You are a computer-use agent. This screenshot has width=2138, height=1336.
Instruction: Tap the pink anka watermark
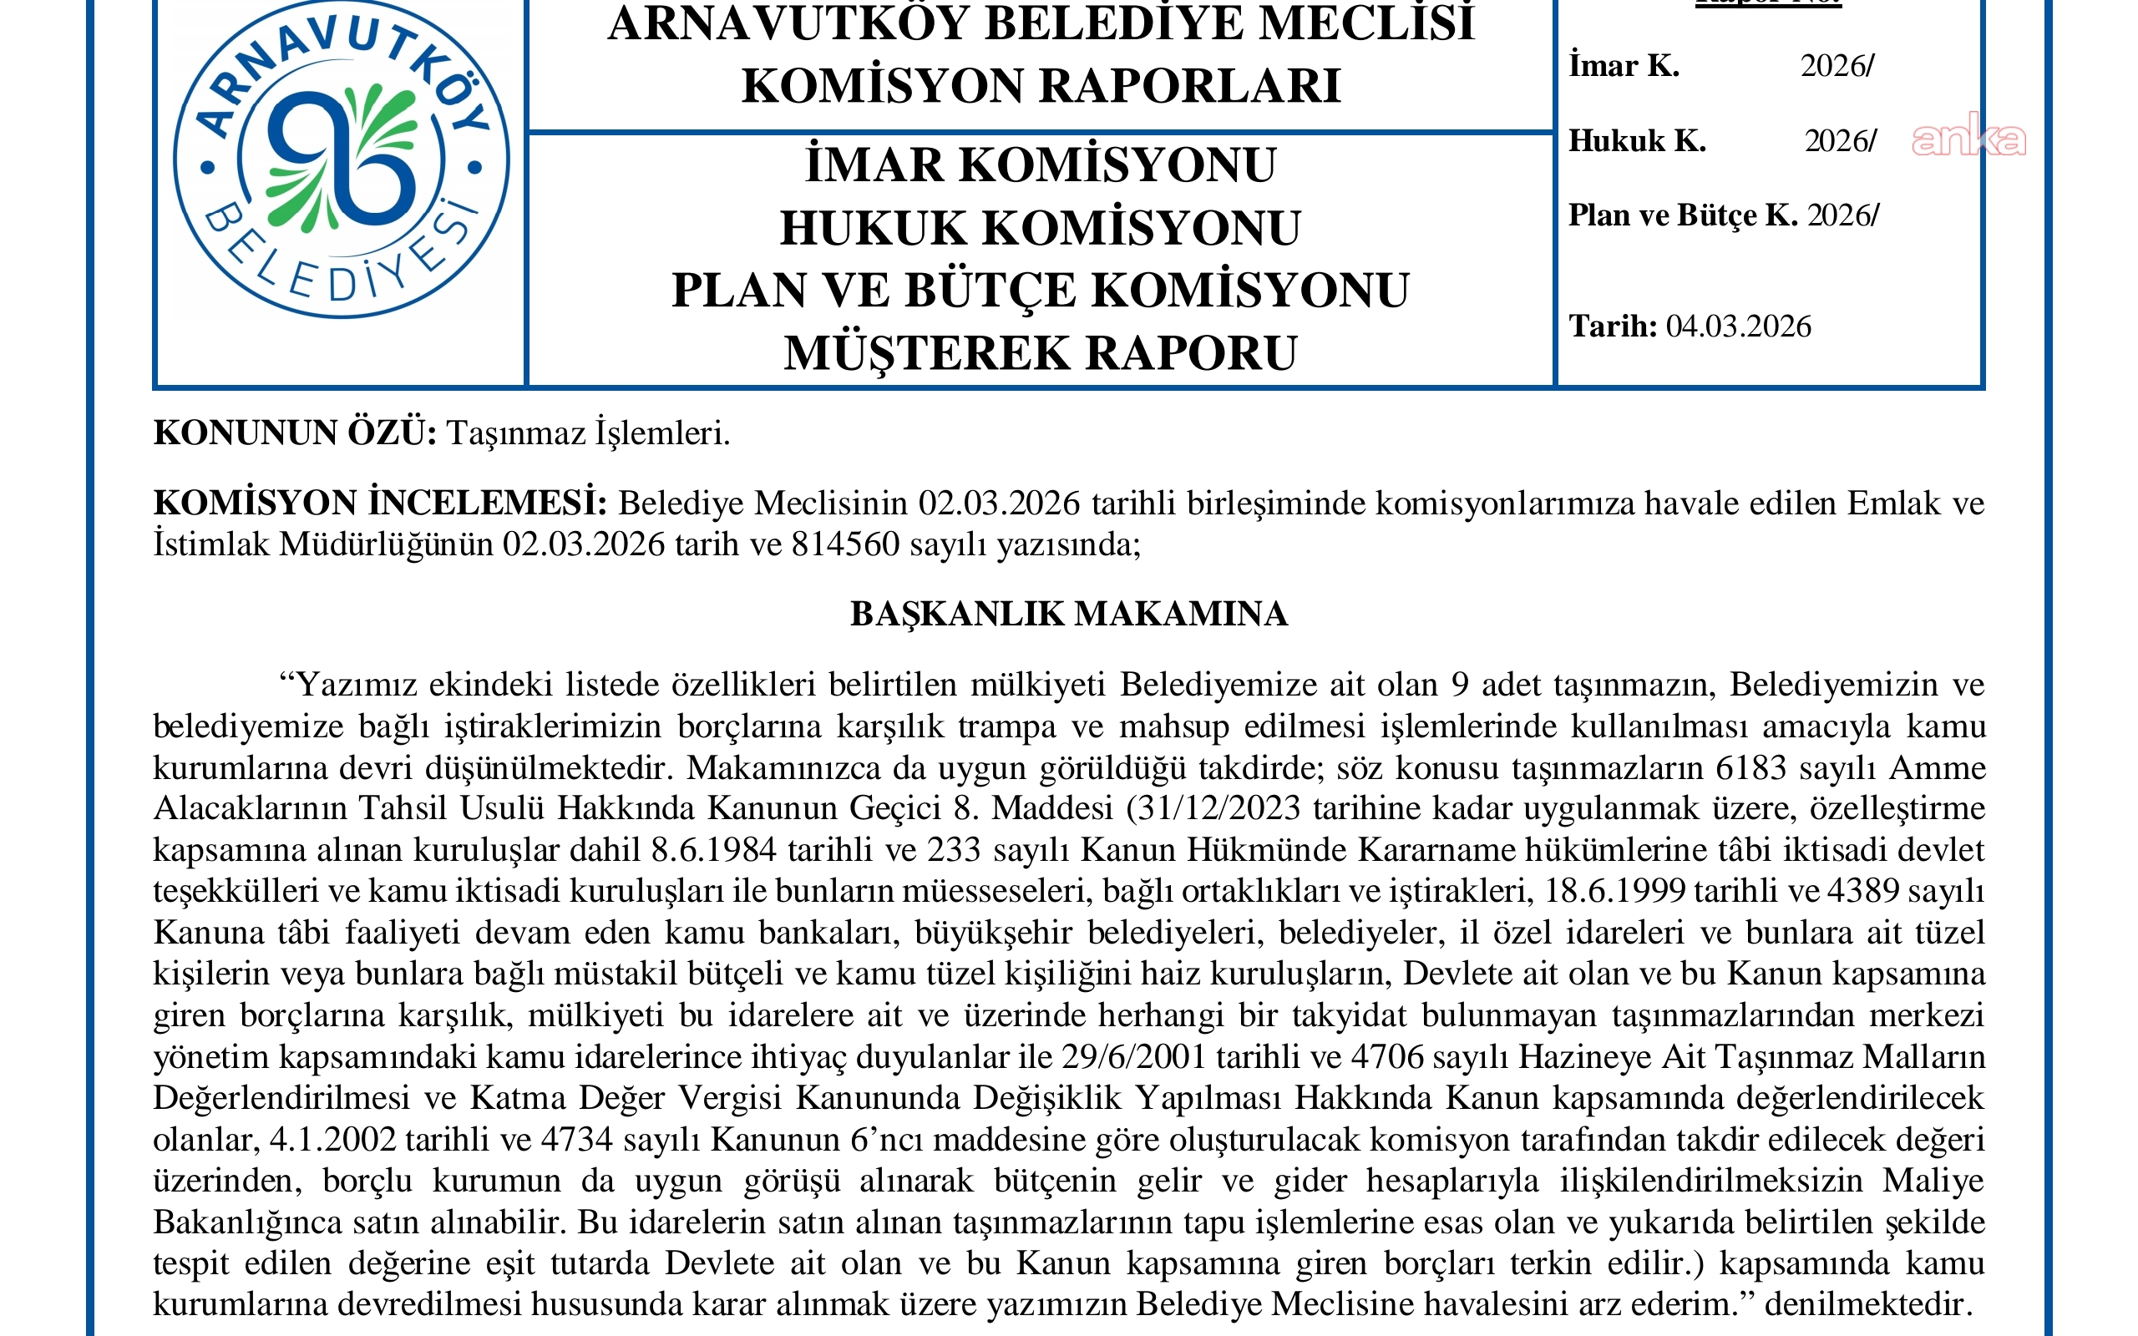pos(1968,139)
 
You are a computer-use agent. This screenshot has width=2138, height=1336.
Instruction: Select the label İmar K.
pos(1624,66)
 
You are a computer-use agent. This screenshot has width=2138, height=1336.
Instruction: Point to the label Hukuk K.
pos(1637,140)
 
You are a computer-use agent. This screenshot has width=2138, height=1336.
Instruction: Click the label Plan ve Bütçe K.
pos(1682,215)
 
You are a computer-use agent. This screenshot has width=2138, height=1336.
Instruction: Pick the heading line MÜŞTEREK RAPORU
pos(1040,352)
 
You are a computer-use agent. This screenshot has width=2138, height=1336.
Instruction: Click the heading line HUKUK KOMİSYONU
pos(1040,228)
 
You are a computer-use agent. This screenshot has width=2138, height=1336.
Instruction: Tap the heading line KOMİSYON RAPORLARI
pos(1040,86)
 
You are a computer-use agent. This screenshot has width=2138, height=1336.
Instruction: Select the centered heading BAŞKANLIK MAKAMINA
pos(1068,614)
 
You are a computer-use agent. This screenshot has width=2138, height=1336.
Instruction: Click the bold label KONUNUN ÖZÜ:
pos(295,434)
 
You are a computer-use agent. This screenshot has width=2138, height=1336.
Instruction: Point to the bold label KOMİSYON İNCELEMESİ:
pos(380,504)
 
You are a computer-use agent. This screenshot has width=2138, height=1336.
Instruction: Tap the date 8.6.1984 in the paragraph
pos(714,850)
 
